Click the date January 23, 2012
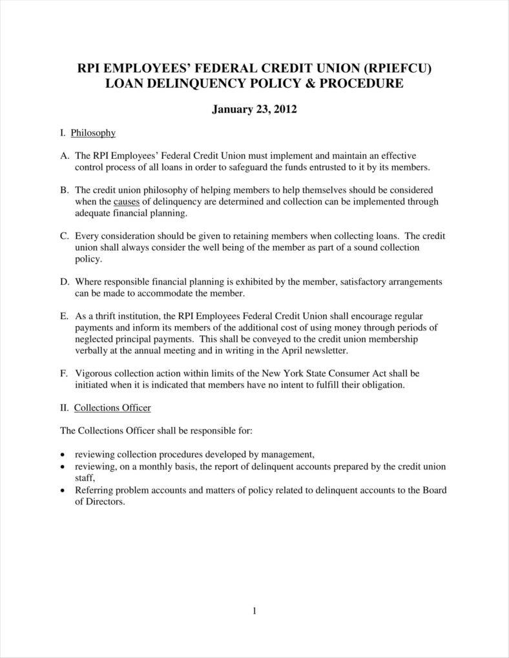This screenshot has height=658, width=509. (254, 109)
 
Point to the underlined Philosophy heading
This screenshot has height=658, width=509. (93, 133)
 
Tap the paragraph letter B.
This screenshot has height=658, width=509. (64, 190)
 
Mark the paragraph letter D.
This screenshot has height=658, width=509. (64, 282)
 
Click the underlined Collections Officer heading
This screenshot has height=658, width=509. (112, 407)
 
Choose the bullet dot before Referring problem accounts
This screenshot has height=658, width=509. (63, 490)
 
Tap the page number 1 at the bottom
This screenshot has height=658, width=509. (254, 612)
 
